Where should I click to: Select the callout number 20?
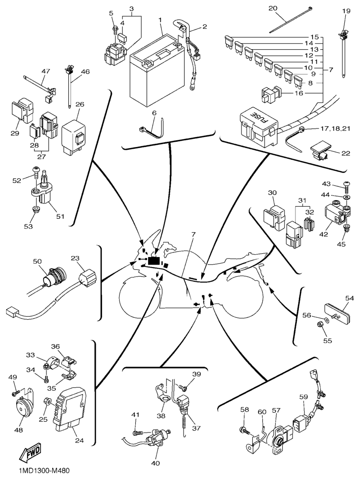(286, 9)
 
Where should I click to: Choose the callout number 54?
(350, 298)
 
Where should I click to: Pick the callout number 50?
(37, 261)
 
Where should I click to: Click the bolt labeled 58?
(244, 430)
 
